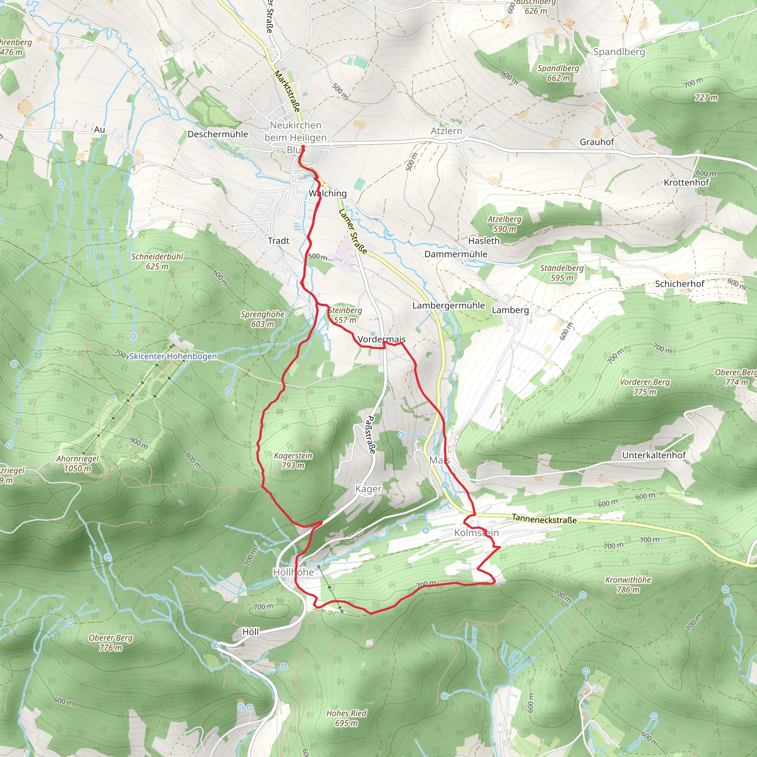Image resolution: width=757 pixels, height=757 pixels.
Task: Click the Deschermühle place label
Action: (217, 135)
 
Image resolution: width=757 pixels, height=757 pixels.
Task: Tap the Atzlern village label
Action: (446, 131)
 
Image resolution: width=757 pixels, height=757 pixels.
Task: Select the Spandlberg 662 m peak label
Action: (558, 73)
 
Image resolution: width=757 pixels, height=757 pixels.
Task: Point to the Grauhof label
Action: (597, 142)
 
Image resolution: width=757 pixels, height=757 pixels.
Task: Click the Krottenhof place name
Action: (686, 183)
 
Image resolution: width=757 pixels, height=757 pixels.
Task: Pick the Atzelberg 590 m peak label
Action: (504, 224)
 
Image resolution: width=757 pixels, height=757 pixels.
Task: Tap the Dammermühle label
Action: (456, 254)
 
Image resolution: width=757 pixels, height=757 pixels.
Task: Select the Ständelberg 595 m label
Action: (561, 273)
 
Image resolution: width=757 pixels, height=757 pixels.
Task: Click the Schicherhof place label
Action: (679, 284)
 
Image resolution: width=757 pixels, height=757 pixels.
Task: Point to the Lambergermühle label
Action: (448, 305)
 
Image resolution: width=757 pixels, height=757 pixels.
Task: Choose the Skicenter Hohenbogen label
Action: (173, 356)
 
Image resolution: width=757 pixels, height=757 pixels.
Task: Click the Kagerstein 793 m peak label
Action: (293, 461)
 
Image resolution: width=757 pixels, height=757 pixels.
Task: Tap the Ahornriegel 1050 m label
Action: (78, 463)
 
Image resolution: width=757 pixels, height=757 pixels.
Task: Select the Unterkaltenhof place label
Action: (654, 455)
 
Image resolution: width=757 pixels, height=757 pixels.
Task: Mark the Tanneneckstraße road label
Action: (544, 519)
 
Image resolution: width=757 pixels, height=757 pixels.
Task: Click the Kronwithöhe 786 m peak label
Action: (628, 584)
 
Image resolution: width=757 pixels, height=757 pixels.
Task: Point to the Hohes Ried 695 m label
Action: (346, 718)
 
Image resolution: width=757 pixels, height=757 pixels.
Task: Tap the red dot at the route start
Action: (303, 147)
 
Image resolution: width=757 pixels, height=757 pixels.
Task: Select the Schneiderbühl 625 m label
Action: (157, 261)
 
